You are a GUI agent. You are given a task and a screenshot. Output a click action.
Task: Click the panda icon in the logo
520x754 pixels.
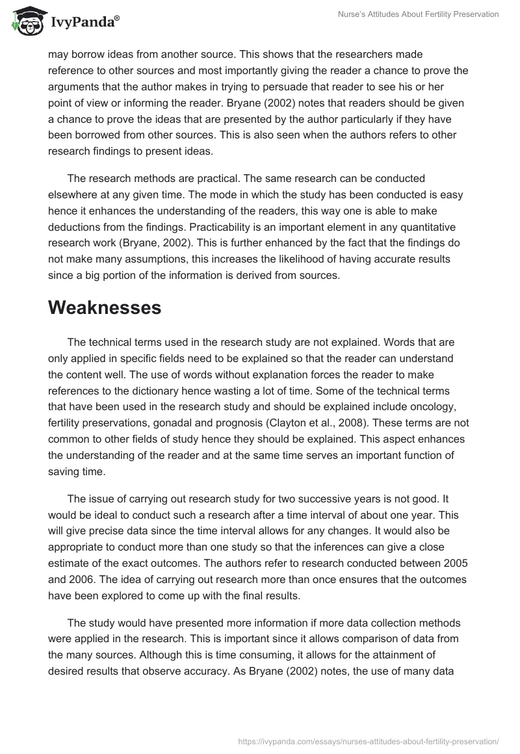click(25, 21)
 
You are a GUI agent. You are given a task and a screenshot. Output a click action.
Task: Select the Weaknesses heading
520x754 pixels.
click(105, 307)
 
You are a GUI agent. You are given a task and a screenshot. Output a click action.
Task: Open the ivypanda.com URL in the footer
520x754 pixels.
click(369, 740)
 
